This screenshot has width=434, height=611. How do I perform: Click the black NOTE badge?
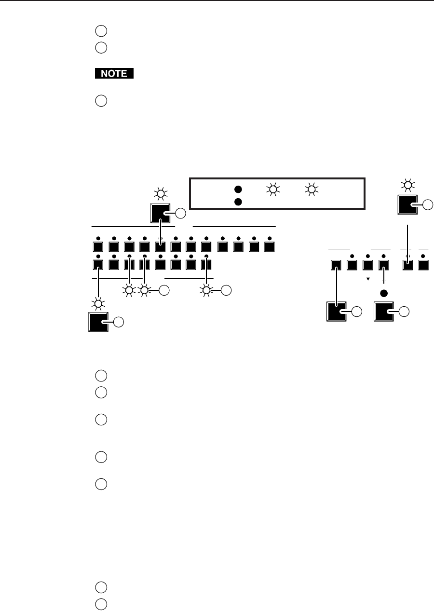pos(113,74)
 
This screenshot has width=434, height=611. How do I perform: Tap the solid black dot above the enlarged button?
pos(384,293)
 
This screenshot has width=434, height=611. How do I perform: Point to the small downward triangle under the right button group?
pos(368,279)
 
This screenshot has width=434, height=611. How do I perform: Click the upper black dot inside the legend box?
pos(238,190)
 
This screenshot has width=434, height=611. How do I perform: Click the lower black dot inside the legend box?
pos(238,202)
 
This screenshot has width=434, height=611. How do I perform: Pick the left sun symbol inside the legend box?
pos(273,190)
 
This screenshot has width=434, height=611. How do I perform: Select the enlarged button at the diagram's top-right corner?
pos(408,205)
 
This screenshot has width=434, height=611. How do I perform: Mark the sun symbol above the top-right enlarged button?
pos(408,185)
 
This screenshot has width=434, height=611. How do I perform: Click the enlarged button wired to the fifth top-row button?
pos(161,213)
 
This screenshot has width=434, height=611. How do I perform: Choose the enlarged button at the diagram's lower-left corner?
pos(98,322)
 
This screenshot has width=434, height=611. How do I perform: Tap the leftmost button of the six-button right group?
pos(337,265)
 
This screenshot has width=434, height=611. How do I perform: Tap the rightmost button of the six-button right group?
pos(423,265)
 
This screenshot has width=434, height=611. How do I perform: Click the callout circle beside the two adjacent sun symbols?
pos(164,290)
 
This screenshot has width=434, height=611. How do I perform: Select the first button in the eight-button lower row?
pos(98,265)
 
